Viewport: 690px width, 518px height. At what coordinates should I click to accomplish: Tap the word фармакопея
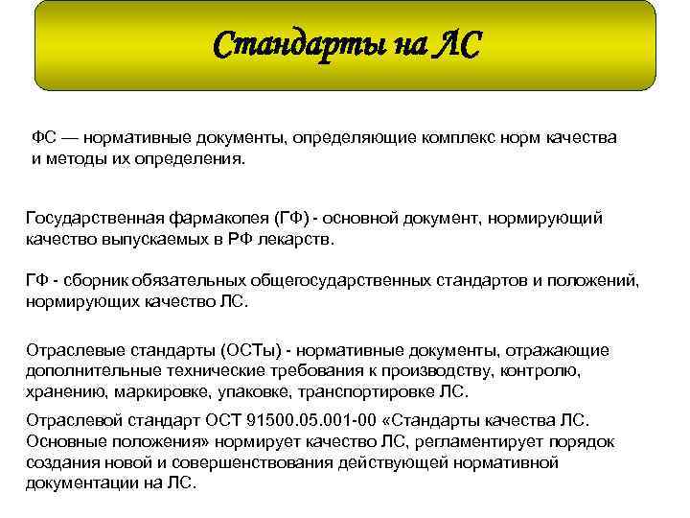click(218, 218)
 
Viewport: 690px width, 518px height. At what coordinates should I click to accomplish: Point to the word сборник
click(98, 281)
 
